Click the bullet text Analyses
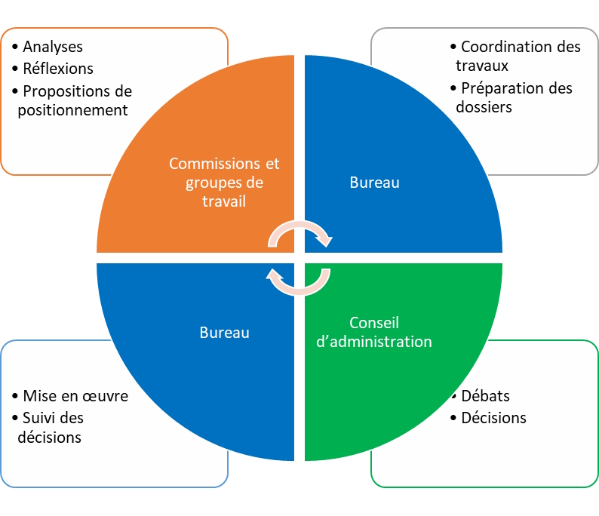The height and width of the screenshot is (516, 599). [x=53, y=47]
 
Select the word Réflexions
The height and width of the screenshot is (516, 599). [x=58, y=69]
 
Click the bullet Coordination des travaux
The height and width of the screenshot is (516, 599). [x=518, y=56]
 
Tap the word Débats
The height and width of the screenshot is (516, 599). [x=485, y=396]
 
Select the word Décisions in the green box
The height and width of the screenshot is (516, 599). [x=493, y=418]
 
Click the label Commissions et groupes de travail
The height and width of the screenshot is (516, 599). [x=224, y=183]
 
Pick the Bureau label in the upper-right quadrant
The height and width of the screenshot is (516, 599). [x=375, y=183]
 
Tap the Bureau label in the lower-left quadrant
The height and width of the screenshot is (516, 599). [x=224, y=332]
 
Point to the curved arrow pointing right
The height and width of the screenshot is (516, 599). [x=300, y=234]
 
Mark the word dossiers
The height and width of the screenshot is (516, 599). [x=484, y=107]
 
